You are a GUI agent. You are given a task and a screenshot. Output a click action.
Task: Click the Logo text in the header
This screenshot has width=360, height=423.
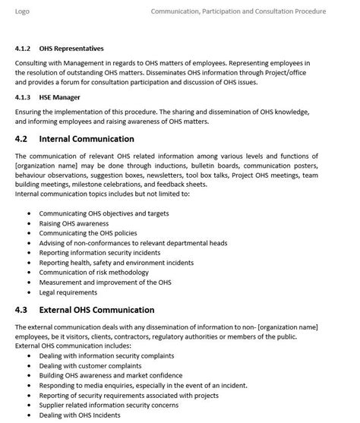(23, 11)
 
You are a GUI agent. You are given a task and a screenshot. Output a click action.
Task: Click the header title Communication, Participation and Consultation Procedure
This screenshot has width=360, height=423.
(238, 11)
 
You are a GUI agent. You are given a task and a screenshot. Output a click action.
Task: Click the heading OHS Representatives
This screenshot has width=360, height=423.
(71, 49)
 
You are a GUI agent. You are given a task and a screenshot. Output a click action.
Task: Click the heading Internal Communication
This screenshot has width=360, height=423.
(87, 139)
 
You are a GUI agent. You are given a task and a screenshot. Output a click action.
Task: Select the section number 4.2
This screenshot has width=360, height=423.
(21, 139)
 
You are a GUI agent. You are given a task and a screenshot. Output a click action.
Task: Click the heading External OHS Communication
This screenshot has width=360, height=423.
(96, 310)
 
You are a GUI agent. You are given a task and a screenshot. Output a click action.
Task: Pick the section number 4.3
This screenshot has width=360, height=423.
(21, 310)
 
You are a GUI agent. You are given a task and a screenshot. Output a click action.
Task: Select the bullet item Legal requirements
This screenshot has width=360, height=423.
(68, 292)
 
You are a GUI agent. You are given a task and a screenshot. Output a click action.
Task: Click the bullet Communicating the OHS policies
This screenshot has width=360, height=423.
(88, 234)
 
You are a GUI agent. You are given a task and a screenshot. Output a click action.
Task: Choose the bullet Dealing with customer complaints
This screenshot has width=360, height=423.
(90, 366)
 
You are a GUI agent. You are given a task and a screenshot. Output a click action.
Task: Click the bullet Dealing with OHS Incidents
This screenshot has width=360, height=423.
(80, 415)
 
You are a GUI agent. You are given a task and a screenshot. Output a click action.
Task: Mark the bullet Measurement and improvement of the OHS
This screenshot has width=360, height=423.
(105, 283)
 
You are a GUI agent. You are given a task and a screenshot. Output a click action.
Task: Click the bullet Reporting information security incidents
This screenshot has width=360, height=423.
(106, 253)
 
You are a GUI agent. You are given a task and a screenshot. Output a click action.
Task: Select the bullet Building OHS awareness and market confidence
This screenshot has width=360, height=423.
(111, 376)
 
